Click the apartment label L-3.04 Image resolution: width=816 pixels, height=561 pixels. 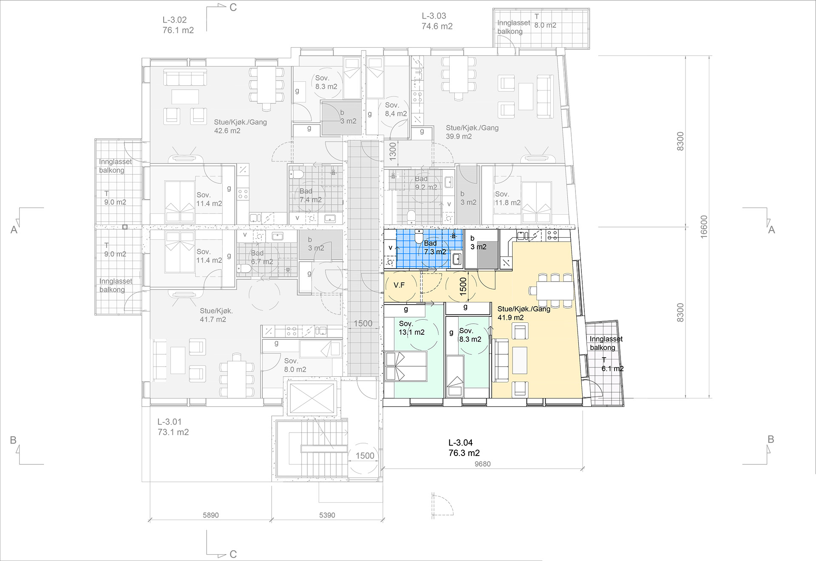click(460, 443)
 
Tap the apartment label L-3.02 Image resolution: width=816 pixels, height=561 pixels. click(175, 20)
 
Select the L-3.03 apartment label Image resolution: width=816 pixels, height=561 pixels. click(434, 16)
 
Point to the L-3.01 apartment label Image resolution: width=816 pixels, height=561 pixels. click(170, 422)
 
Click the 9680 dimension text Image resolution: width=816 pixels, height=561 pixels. click(482, 464)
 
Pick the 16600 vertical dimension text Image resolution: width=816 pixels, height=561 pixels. click(704, 227)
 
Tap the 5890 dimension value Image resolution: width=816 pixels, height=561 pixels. click(211, 515)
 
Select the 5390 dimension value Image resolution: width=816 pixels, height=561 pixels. click(327, 515)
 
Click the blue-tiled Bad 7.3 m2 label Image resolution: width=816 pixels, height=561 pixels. click(435, 248)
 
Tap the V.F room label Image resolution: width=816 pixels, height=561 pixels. click(399, 285)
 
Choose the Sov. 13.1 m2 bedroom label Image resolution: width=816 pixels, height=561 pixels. click(411, 328)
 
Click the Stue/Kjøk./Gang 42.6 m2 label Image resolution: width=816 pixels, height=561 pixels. click(241, 126)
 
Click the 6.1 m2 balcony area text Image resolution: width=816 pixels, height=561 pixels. click(612, 369)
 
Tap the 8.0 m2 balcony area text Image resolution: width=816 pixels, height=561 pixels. click(545, 25)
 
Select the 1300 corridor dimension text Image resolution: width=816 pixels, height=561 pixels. click(393, 151)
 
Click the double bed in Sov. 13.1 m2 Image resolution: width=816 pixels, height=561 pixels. click(406, 366)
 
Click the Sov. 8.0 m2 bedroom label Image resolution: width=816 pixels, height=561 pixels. click(295, 365)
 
